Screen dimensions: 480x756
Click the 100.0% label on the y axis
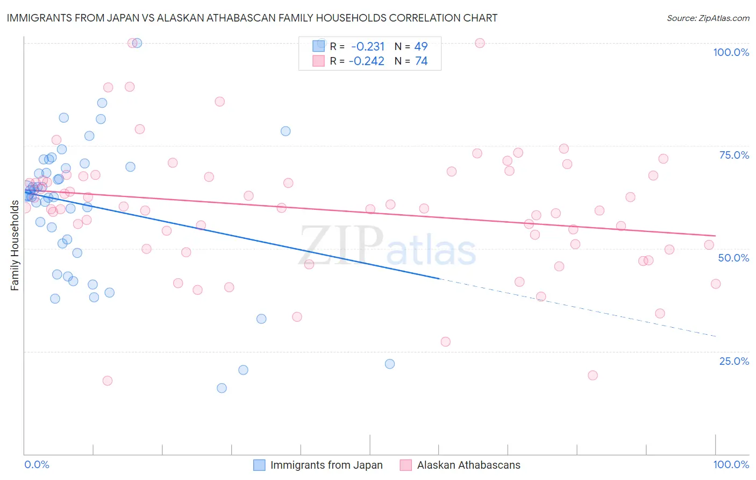731,52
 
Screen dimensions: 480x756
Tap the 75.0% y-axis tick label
734,155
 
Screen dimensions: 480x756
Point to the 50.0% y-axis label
733,258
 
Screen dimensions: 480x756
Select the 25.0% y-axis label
734,361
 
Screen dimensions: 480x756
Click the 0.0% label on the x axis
37,464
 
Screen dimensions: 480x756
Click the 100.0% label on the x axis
731,464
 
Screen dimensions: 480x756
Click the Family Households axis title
15,245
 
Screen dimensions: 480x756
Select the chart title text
252,18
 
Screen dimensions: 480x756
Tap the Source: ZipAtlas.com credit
708,18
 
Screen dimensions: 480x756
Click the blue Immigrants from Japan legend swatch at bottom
259,465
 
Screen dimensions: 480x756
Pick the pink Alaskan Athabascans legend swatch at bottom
406,465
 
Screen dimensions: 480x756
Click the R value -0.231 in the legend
368,46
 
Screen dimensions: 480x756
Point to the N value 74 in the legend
421,61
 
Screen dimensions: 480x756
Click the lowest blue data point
222,388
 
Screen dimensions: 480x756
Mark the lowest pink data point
108,380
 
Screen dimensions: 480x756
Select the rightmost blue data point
390,364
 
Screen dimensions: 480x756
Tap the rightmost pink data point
716,284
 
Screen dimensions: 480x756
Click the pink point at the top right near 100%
480,43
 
